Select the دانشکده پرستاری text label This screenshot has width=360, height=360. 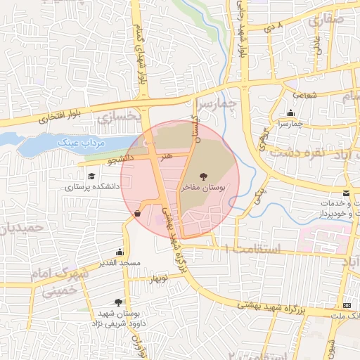tap(93, 188)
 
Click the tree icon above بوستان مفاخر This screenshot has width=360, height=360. tap(203, 176)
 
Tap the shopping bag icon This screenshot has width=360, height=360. tap(136, 214)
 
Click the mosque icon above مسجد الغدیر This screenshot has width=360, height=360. tap(120, 252)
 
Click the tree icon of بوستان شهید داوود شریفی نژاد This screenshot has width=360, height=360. tap(127, 302)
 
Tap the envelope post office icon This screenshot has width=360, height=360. tap(345, 193)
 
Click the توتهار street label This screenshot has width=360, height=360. tap(160, 278)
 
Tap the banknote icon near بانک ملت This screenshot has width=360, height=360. tap(347, 306)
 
